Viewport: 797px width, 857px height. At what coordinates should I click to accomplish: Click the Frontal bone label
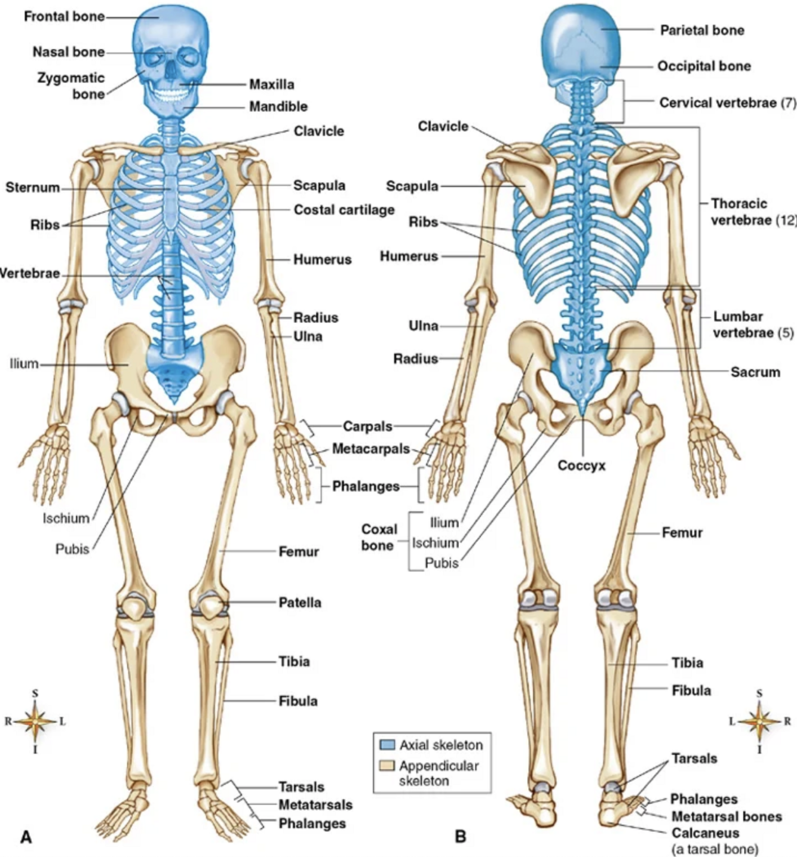64,17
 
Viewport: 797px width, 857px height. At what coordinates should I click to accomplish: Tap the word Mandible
278,107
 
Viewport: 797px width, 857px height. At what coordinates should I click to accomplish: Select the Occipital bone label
704,66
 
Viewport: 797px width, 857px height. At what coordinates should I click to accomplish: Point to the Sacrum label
755,372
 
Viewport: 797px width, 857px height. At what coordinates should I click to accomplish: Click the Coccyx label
581,466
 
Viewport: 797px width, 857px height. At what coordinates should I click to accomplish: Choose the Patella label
299,603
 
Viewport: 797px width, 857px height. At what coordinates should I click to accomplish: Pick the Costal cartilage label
344,210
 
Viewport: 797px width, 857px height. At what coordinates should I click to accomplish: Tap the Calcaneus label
705,833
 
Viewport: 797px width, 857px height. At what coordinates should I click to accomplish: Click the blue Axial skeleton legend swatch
388,745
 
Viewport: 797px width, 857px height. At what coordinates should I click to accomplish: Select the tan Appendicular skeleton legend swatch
388,766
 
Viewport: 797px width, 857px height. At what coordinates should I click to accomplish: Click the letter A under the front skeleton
26,837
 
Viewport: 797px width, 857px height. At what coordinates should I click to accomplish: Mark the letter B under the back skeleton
460,837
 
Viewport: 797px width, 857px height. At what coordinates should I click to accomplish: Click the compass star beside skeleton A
35,721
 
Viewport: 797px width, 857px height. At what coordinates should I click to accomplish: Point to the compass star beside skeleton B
759,721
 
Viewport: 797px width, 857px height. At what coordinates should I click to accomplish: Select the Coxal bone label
379,537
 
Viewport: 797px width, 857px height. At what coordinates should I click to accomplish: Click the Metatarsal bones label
726,816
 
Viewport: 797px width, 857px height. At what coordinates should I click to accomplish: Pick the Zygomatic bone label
71,86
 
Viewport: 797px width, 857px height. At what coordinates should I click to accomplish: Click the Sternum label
33,188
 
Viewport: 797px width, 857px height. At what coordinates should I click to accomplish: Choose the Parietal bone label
701,30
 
